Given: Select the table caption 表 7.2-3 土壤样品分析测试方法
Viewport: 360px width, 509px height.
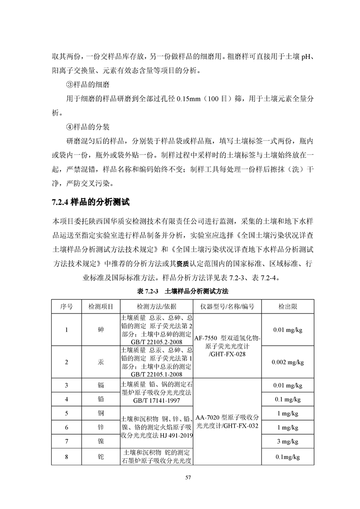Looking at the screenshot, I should click(x=179, y=290).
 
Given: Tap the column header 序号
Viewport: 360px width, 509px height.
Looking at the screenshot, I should click(x=66, y=306).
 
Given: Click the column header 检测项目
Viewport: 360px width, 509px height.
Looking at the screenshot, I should click(x=101, y=306).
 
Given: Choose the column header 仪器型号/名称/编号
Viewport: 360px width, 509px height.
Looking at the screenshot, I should click(x=227, y=306).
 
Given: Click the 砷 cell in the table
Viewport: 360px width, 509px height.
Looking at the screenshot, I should click(x=101, y=329).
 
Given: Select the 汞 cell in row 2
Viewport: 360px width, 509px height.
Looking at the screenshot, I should click(x=101, y=362).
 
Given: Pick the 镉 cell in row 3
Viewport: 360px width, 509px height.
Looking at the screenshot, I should click(x=101, y=386).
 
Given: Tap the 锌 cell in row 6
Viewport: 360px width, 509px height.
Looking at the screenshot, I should click(x=101, y=427).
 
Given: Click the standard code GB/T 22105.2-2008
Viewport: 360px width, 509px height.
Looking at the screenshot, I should click(x=156, y=342).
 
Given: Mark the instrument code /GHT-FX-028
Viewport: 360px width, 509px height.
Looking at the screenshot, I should click(x=227, y=353).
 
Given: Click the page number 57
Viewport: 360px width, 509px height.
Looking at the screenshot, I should click(x=180, y=477).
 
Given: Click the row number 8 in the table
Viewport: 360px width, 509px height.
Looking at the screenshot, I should click(x=66, y=457).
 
